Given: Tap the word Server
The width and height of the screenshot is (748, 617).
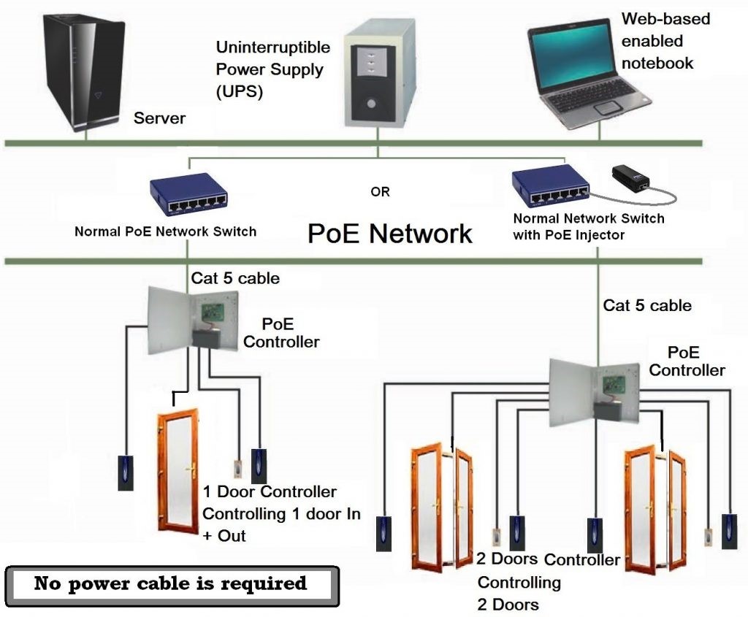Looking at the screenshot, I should (159, 118).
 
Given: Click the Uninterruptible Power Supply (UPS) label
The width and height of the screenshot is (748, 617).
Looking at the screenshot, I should (272, 70).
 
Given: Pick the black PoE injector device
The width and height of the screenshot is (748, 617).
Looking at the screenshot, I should (632, 177).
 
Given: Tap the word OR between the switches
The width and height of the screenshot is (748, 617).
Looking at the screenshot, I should (380, 192).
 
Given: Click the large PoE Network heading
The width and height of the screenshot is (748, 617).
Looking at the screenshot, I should (389, 234).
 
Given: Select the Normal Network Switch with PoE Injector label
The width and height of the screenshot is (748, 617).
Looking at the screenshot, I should (588, 226).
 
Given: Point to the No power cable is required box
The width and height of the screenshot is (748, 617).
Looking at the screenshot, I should (172, 585).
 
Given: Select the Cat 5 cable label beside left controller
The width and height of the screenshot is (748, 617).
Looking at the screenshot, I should (235, 278).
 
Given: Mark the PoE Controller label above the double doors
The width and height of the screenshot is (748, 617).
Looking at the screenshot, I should (687, 361).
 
